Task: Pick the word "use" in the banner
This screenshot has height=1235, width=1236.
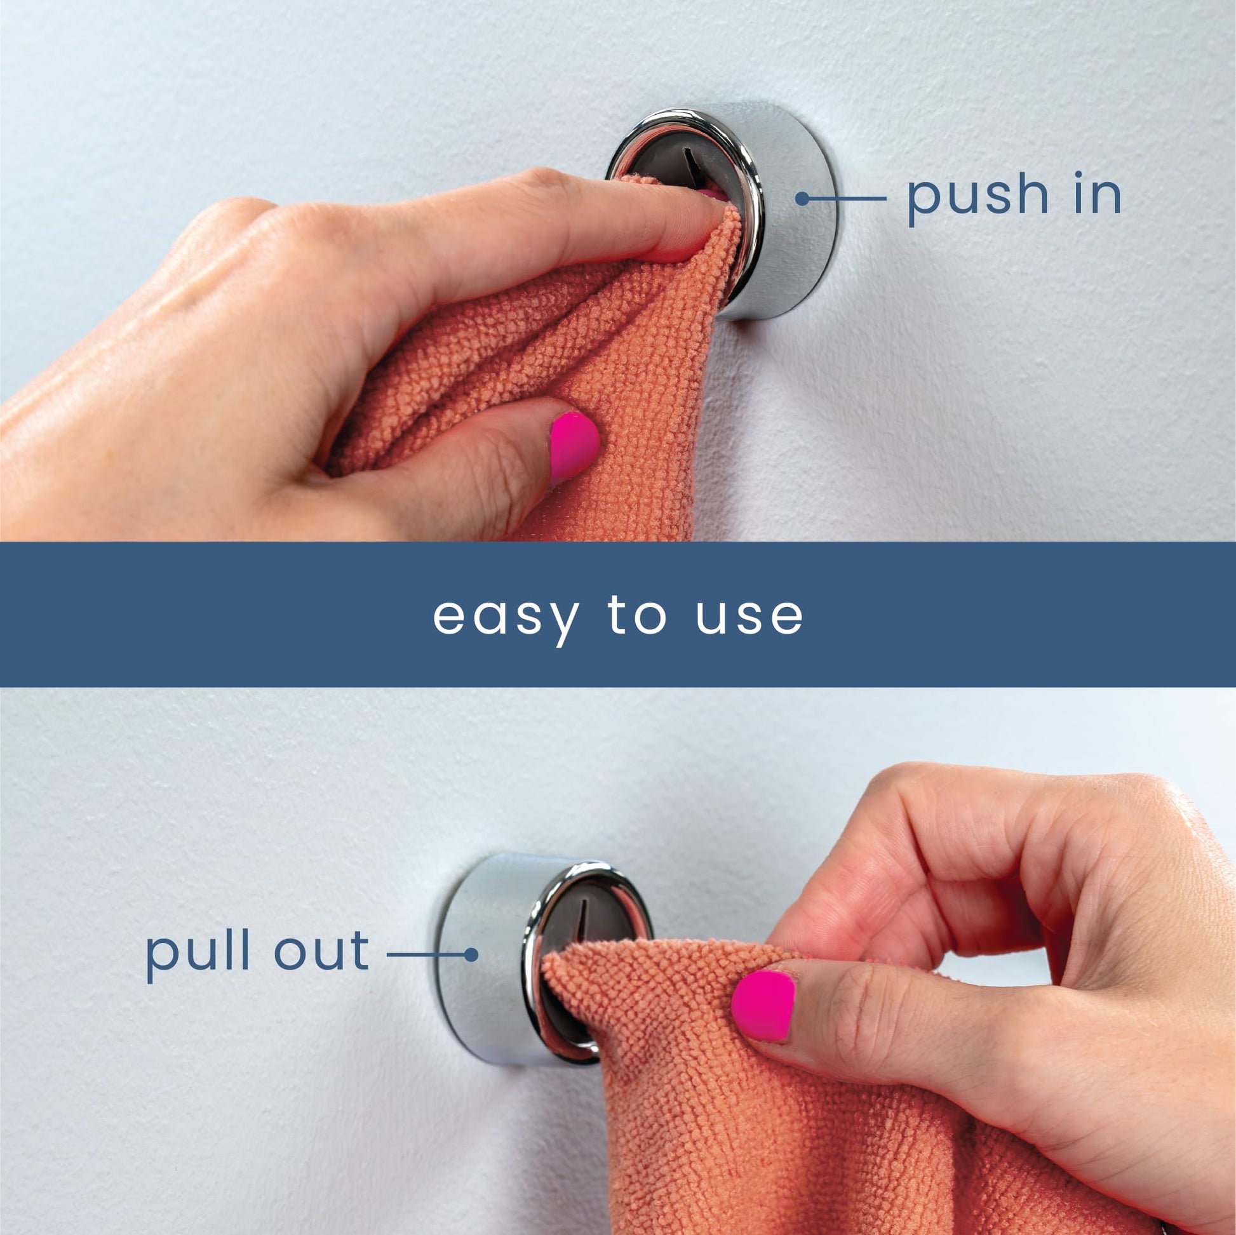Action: [749, 616]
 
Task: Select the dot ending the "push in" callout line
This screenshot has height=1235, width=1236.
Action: [802, 199]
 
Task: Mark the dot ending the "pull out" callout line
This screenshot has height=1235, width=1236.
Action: [471, 955]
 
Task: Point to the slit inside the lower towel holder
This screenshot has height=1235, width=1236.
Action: [583, 918]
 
